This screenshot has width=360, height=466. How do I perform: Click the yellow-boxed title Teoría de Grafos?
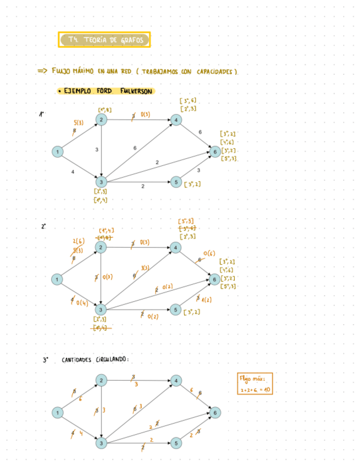click(x=104, y=40)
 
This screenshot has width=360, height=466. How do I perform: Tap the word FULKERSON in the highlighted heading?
click(x=136, y=91)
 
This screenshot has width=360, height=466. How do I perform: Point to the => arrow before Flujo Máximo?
click(x=42, y=71)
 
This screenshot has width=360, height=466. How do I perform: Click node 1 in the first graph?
click(x=57, y=151)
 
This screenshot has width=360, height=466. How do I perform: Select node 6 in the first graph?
click(x=215, y=151)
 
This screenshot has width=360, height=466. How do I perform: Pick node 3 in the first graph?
click(x=101, y=182)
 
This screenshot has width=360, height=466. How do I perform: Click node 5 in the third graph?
click(x=175, y=443)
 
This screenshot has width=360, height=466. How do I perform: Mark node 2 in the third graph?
click(x=101, y=380)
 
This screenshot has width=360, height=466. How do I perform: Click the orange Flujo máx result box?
click(x=255, y=384)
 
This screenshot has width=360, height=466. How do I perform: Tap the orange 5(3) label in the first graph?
click(x=78, y=123)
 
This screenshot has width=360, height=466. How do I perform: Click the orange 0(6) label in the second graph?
click(x=209, y=253)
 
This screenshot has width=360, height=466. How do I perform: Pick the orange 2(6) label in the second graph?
click(x=78, y=241)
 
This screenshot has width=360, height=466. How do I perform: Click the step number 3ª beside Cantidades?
click(x=46, y=360)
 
